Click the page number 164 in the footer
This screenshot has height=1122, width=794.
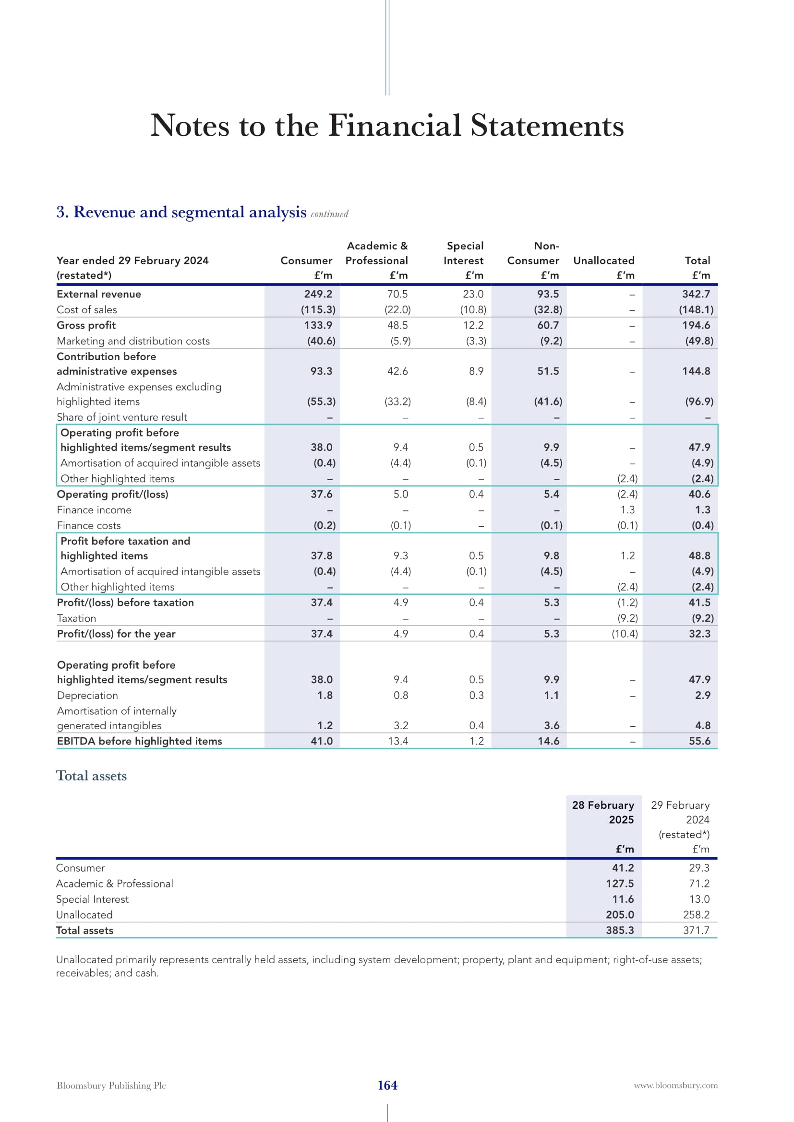tap(387, 1086)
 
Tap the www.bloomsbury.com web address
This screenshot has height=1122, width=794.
tap(676, 1086)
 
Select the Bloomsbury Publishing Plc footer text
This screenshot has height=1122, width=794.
tap(111, 1086)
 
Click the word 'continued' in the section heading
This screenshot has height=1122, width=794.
tap(329, 214)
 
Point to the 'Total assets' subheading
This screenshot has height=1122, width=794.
tap(91, 776)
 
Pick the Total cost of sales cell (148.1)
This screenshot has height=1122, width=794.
tap(696, 310)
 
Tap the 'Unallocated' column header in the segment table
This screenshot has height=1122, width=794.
tap(604, 260)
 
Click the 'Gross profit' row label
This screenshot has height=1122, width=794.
tap(86, 325)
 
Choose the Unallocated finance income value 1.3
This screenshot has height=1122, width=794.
tap(627, 510)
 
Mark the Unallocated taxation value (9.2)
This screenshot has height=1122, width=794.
tap(627, 619)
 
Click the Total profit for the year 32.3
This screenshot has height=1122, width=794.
tap(699, 634)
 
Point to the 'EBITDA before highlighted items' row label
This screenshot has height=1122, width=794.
tap(139, 741)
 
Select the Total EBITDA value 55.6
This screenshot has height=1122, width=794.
tap(699, 741)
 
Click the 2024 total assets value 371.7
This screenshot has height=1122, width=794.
tap(696, 931)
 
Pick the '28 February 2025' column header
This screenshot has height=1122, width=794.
tap(603, 812)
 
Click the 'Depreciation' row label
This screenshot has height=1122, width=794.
tap(87, 696)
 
